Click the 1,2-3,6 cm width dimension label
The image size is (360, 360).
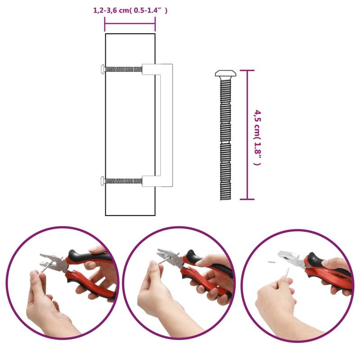(130, 11)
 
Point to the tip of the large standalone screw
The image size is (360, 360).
(224, 198)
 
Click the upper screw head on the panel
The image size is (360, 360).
(103, 69)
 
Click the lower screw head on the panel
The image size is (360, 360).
(103, 181)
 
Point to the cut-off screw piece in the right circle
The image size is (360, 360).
(271, 261)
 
